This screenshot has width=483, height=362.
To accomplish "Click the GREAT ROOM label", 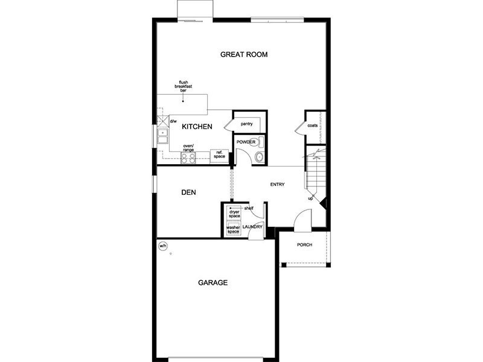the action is coord(244,54).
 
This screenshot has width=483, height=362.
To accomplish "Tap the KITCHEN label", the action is coord(197,127).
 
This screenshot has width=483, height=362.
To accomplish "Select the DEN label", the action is coord(188,192).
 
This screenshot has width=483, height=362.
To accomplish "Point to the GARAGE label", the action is coord(213,282).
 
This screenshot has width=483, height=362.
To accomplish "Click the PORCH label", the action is coord(305,245).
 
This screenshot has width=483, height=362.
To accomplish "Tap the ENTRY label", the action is coord(278,185).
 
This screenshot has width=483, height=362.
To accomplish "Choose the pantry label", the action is coord(246,124).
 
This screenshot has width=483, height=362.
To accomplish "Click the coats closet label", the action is coord(312,125).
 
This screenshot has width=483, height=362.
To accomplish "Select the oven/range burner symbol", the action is coord(188,158).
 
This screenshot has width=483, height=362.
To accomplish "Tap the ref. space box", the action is coord(219,156).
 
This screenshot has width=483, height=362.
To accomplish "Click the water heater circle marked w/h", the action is coord(162,246).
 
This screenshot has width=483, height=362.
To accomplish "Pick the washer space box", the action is coord(234,229).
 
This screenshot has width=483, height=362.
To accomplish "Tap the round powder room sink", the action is coord(260,157).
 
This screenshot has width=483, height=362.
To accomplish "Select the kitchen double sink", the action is coord(162,136).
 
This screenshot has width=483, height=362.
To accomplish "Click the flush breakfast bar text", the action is coord(184,86).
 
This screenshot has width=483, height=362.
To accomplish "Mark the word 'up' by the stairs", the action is coord(310,198).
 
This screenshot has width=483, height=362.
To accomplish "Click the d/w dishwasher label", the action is coord(173,121).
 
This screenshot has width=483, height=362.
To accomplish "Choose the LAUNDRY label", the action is coord(252,227).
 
